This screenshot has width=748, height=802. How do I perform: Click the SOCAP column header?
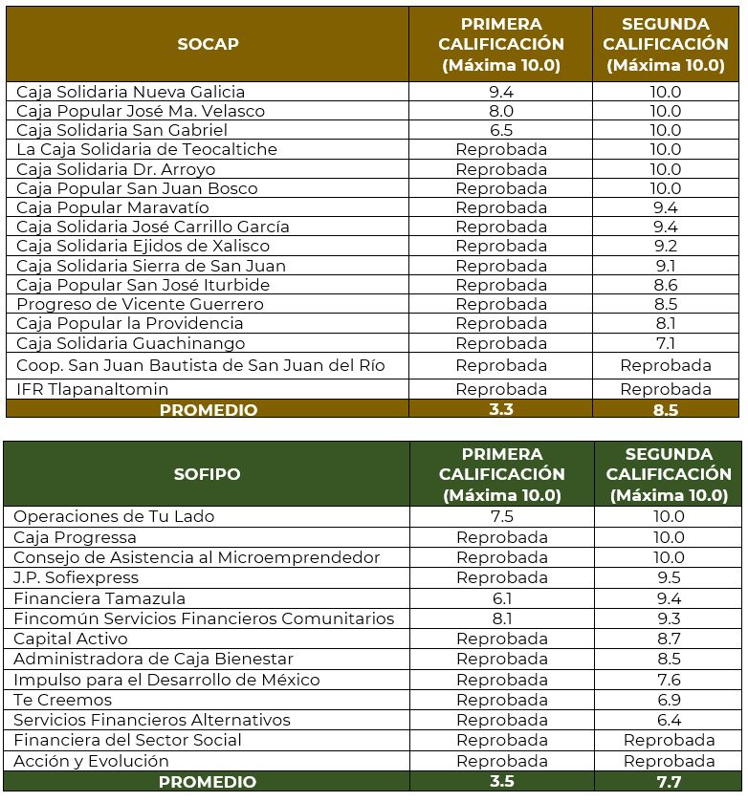point(208,44)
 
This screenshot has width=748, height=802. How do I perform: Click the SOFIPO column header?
point(208,474)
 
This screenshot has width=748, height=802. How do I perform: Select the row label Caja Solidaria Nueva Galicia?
point(131,92)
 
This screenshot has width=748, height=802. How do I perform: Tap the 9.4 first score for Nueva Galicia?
point(501,92)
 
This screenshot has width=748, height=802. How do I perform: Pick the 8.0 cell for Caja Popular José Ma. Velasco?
point(501,111)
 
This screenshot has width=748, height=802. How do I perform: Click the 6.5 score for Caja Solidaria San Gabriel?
point(501,130)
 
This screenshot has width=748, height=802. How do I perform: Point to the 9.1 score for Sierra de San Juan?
point(666,266)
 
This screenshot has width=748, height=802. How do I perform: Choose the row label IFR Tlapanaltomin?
point(93,389)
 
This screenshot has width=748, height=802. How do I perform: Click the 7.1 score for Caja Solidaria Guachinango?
point(666,343)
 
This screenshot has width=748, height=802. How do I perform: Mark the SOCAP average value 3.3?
point(501,410)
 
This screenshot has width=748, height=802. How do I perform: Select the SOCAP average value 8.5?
point(666,410)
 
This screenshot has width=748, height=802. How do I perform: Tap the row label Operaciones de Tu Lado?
point(114,516)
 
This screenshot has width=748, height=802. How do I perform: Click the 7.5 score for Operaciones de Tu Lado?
point(501,516)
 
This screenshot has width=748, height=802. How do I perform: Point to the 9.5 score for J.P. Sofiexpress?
point(669,577)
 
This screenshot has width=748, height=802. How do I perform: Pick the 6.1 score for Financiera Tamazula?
point(501,598)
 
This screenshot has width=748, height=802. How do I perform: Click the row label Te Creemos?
point(62,700)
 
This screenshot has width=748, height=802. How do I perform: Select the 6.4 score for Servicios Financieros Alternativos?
point(669,720)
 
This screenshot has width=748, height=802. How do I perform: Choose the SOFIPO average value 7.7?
point(669,782)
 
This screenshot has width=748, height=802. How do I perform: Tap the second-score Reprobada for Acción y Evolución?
point(669,761)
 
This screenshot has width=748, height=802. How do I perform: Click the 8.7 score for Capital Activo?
point(669,639)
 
